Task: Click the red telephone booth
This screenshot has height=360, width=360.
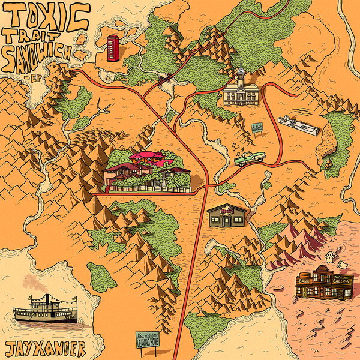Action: [112, 48]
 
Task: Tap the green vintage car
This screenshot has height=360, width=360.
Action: [249, 158]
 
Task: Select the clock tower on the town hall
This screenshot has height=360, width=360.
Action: [241, 76]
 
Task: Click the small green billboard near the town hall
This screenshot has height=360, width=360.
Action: [257, 128]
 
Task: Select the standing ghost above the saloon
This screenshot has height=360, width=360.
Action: [328, 257]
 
